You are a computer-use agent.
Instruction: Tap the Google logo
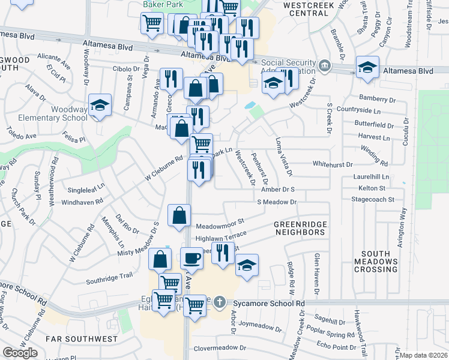20,353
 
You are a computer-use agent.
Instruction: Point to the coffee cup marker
191,258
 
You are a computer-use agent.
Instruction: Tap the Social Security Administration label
288,67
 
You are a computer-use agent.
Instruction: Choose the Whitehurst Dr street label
333,164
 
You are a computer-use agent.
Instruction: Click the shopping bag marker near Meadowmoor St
179,216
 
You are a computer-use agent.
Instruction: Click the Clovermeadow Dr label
219,347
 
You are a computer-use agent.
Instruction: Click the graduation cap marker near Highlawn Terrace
246,265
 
